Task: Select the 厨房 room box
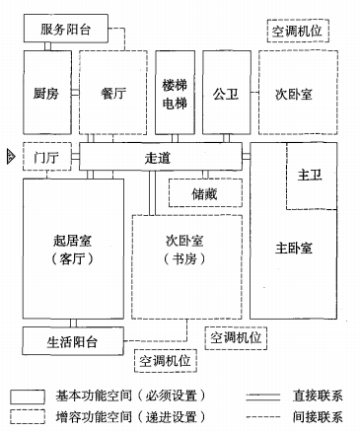(46, 94)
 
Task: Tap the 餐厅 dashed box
(112, 94)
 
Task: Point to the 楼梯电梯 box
(176, 94)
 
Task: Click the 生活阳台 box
(72, 341)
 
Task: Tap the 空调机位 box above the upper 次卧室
(297, 33)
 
